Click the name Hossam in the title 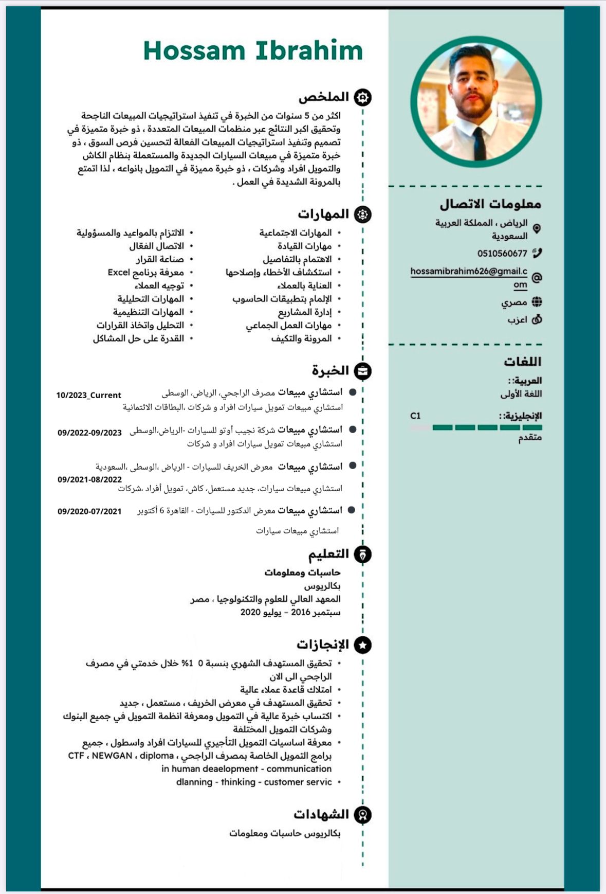(x=194, y=50)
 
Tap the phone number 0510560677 (x=502, y=253)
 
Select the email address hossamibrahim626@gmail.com (x=469, y=272)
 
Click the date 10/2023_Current (x=88, y=395)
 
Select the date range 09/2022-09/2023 (x=89, y=433)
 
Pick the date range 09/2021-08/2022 (x=89, y=479)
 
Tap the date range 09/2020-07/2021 (x=89, y=511)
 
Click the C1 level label (x=415, y=416)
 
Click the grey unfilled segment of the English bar (x=420, y=427)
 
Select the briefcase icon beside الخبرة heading (x=363, y=371)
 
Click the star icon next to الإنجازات (x=363, y=645)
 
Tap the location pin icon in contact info (x=537, y=228)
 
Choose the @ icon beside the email (x=537, y=278)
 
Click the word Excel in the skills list (x=118, y=272)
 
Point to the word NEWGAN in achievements (x=112, y=756)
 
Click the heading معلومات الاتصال (x=490, y=204)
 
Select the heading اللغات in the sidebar (x=522, y=362)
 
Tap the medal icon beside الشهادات (x=363, y=815)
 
